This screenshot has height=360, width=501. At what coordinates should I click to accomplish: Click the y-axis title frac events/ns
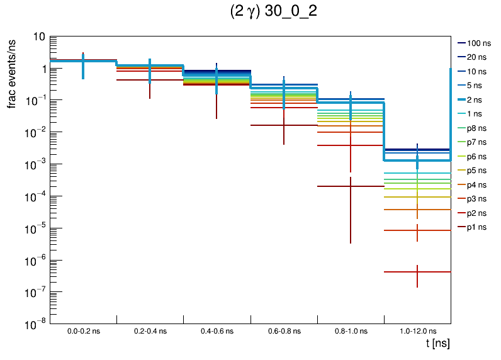[x=12, y=72]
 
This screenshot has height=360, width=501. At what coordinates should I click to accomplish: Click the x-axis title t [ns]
[x=436, y=344]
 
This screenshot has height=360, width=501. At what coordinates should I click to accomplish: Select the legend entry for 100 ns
[x=478, y=43]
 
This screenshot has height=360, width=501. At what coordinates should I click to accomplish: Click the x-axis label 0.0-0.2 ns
[x=83, y=330]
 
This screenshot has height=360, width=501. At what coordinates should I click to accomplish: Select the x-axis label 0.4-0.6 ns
[x=217, y=330]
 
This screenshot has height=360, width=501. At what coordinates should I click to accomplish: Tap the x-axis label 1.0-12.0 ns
[x=417, y=330]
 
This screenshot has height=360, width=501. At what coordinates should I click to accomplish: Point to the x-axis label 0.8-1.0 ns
[x=351, y=330]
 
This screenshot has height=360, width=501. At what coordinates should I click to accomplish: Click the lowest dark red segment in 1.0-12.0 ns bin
[x=403, y=272]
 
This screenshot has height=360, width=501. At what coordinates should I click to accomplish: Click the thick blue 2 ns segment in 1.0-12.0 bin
[x=403, y=160]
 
